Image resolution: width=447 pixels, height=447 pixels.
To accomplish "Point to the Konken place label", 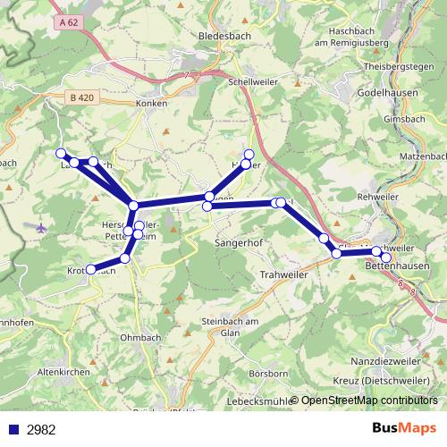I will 152,104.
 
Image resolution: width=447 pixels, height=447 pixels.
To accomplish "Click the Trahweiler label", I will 283,274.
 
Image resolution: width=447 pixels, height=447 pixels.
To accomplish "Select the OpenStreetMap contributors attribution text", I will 368,401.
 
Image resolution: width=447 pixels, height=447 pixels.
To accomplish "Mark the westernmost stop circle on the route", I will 62,153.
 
